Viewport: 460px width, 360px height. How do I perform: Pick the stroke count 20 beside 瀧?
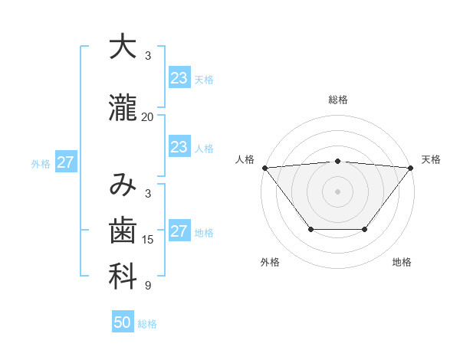(x=147, y=116)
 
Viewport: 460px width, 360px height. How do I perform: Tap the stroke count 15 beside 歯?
(x=147, y=240)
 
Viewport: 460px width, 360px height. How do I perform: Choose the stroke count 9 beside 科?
(x=147, y=286)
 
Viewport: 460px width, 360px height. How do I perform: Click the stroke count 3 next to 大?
(x=147, y=56)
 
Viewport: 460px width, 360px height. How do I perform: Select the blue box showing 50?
(x=123, y=322)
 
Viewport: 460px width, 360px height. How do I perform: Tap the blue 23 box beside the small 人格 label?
(x=179, y=147)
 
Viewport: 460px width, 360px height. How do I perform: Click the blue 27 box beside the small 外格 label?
(x=65, y=162)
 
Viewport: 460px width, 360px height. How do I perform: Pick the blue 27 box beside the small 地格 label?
(x=179, y=231)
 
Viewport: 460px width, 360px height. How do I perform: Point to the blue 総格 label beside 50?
(x=147, y=324)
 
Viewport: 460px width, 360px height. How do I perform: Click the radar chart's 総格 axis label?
(x=337, y=100)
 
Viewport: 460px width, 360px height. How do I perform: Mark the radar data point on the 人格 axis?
(x=264, y=167)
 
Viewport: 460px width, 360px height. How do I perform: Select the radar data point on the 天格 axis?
(x=411, y=167)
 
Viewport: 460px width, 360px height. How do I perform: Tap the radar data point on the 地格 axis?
(x=365, y=229)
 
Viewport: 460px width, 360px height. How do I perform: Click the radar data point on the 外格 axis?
(x=310, y=229)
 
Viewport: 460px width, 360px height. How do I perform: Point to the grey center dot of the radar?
(x=337, y=191)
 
